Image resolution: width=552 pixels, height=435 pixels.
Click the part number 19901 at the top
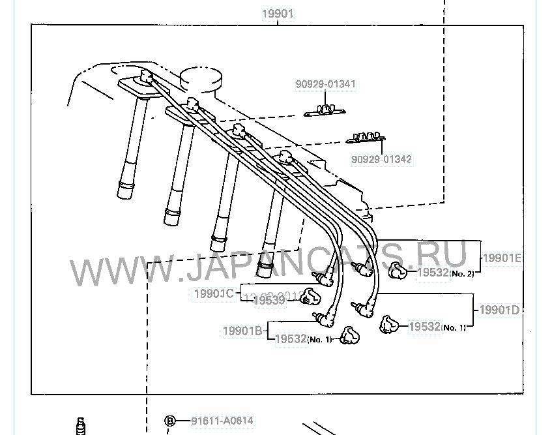(278, 13)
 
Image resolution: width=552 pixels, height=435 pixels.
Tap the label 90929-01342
(381, 158)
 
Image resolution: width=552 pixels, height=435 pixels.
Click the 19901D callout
(500, 310)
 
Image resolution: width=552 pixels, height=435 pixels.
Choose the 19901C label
(213, 293)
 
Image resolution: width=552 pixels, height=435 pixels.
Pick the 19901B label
(242, 331)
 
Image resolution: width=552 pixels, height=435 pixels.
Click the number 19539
(269, 300)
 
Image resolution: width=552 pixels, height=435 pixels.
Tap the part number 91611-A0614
(222, 421)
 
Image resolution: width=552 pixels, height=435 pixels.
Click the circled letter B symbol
(169, 421)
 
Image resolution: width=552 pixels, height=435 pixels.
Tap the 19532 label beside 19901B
(291, 339)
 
